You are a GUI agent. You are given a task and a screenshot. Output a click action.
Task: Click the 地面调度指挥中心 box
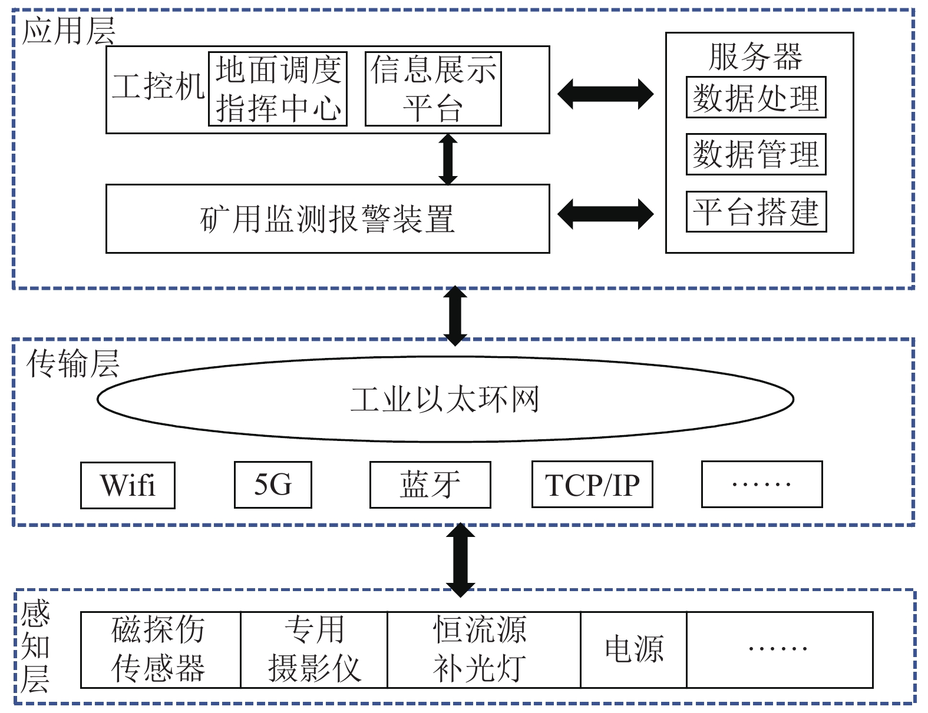click(278, 88)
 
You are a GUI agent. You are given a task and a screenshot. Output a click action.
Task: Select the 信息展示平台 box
click(433, 88)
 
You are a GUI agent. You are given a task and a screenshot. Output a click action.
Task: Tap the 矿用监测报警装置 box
click(328, 218)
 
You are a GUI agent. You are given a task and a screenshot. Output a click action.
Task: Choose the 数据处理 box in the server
click(756, 98)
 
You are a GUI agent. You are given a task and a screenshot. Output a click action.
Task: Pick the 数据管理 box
click(756, 154)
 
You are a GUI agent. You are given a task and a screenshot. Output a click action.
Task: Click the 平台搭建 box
click(756, 211)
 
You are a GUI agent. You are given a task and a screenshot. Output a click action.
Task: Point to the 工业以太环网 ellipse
click(445, 399)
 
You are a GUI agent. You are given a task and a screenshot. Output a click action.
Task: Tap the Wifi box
click(128, 485)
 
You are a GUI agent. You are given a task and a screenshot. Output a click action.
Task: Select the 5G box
click(273, 485)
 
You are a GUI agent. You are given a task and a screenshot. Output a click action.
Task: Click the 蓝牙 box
click(430, 485)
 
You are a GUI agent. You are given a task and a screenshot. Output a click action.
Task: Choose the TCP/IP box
click(592, 485)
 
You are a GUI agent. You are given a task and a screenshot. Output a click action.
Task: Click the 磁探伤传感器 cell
click(160, 649)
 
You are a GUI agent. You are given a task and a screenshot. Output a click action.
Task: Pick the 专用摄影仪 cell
click(314, 649)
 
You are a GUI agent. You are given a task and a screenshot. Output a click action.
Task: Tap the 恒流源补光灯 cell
click(484, 649)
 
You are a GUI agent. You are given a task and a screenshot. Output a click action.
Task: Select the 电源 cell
click(633, 649)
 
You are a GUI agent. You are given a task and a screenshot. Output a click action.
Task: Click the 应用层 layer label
click(68, 31)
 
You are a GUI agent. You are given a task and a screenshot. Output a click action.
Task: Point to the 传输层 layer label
click(72, 363)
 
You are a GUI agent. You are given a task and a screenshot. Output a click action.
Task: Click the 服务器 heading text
click(755, 57)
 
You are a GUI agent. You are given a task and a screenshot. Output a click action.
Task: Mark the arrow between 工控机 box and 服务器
click(606, 94)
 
